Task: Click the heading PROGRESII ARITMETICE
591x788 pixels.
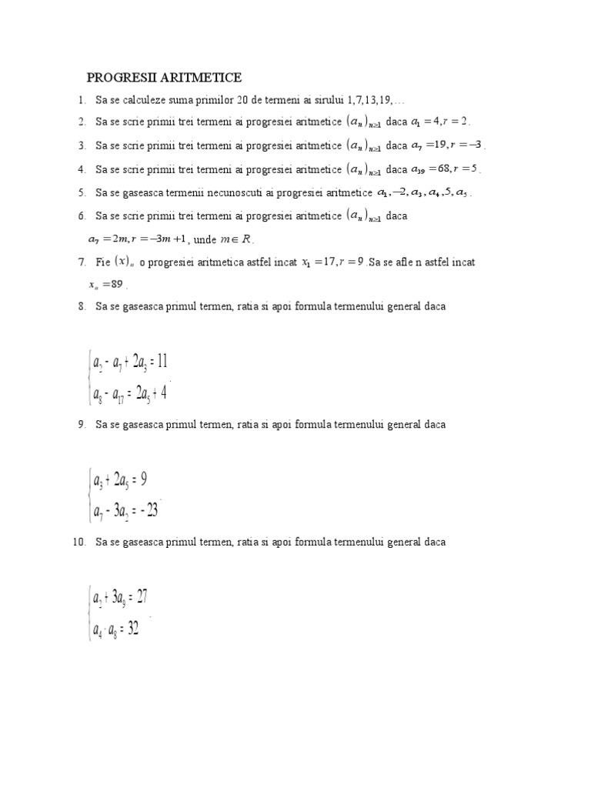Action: (x=164, y=78)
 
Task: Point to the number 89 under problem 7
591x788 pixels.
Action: (x=116, y=284)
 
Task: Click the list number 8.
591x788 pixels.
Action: (x=82, y=306)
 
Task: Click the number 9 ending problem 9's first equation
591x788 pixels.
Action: (x=144, y=479)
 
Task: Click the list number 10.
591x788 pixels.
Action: (x=78, y=542)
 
